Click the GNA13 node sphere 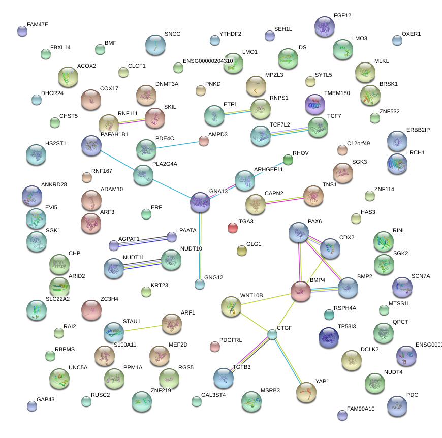200,202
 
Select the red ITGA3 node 233,227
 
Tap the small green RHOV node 288,160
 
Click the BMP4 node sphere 300,291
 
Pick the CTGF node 273,334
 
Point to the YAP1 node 306,392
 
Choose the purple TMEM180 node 315,104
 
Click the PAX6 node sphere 299,232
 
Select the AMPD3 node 204,141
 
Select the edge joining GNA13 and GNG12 200,244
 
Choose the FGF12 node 325,27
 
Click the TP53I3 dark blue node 329,335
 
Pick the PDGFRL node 215,347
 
